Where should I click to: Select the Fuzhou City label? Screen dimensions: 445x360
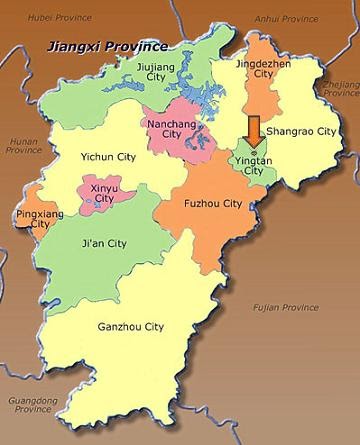[213, 204]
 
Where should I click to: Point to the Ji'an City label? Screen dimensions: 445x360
[103, 243]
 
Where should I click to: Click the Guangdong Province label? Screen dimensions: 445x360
[30, 410]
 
